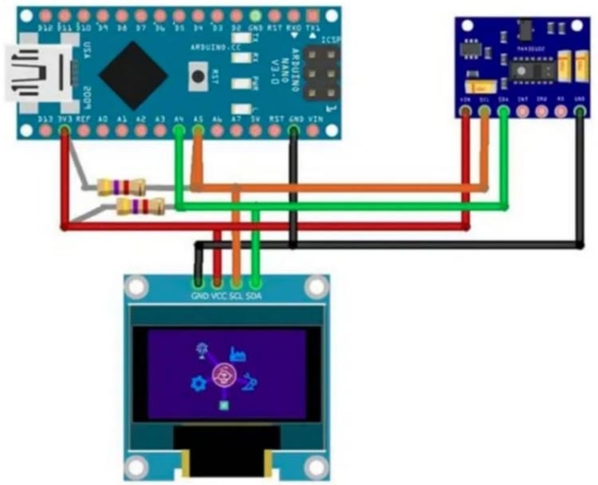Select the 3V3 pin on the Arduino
coord(65,128)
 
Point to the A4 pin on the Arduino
coord(179,128)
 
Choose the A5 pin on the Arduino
coord(197,128)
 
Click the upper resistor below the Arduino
coord(120,188)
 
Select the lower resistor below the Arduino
coord(140,207)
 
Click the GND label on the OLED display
coord(199,296)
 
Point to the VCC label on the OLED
coord(218,296)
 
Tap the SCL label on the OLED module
coord(237,296)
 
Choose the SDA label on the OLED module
coord(255,296)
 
